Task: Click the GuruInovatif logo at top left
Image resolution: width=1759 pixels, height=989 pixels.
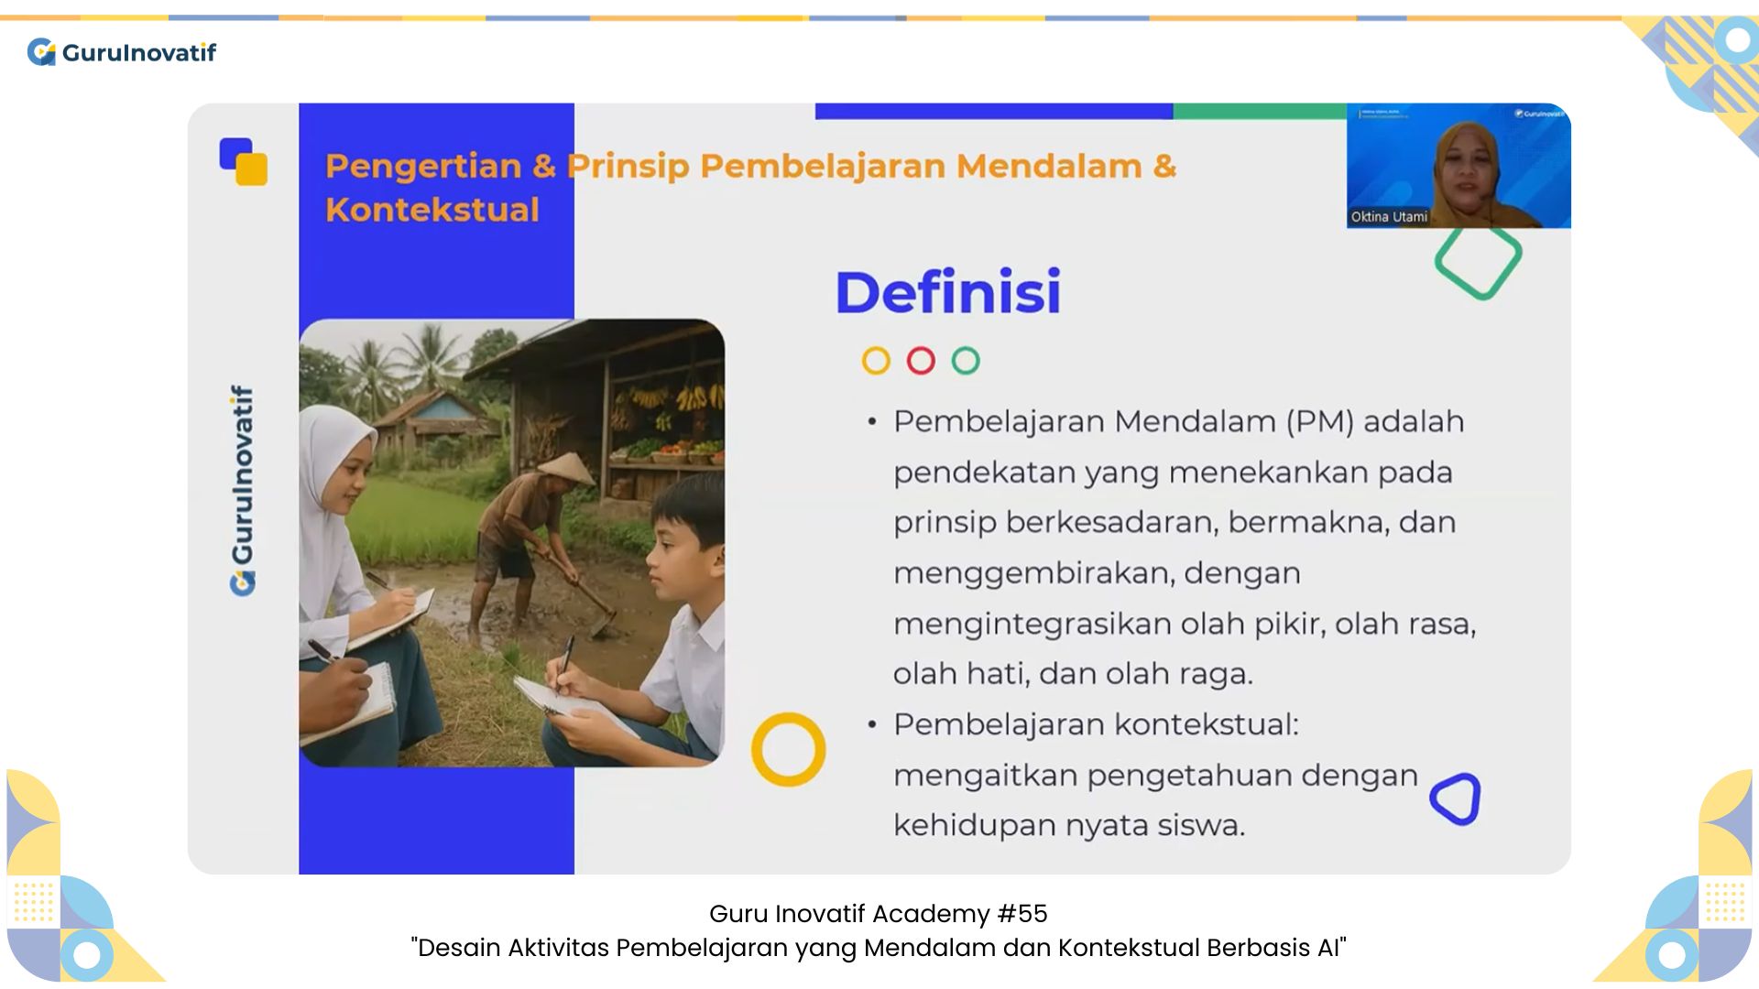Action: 122,52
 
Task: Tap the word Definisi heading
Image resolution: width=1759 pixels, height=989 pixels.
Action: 948,292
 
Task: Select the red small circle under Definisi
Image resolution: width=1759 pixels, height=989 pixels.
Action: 921,361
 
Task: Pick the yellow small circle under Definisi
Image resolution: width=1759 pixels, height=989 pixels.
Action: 876,361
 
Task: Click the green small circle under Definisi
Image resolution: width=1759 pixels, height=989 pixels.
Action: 966,361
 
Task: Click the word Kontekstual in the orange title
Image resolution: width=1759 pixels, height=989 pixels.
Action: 432,210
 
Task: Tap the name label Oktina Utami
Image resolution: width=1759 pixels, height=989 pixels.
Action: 1389,217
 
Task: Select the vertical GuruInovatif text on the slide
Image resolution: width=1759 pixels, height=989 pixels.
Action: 243,491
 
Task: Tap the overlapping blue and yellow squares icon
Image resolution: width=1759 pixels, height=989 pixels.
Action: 244,162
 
